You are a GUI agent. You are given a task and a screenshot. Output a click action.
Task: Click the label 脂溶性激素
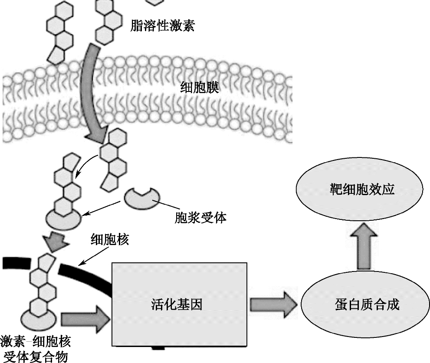(x=162, y=26)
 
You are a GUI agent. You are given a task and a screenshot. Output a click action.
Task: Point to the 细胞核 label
(x=109, y=240)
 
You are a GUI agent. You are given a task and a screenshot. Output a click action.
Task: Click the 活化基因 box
(x=180, y=304)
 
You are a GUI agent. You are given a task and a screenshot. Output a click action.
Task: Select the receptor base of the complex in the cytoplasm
(x=63, y=219)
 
